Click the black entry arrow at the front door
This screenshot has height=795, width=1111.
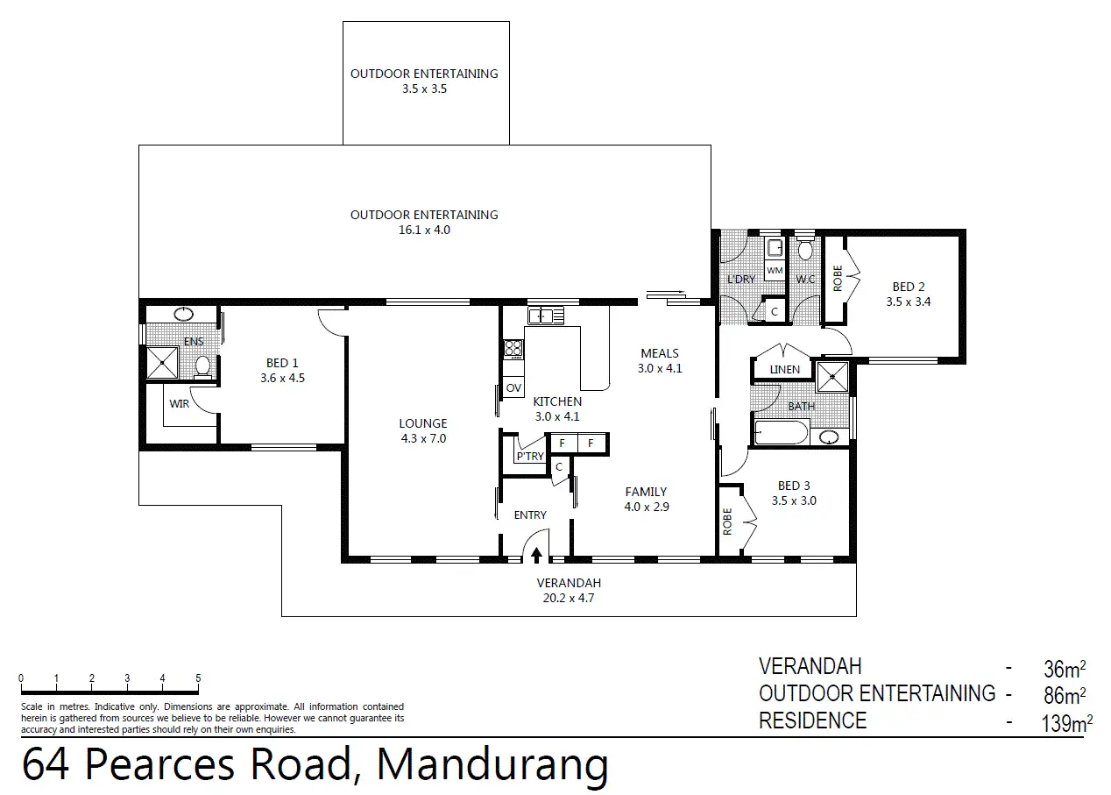536,556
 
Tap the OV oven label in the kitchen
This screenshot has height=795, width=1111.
513,388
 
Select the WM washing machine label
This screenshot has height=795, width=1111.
775,271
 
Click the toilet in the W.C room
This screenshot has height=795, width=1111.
805,248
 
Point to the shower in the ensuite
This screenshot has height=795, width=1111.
162,363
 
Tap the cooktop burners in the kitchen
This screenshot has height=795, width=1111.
513,348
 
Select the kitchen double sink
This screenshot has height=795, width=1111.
546,316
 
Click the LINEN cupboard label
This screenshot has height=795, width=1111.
785,370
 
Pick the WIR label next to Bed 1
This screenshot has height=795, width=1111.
179,404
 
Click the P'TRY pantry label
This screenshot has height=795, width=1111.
530,456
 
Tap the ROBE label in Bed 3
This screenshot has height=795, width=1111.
727,522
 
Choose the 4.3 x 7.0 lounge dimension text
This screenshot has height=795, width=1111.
423,438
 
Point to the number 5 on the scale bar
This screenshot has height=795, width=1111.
198,678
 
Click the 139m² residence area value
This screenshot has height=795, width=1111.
1067,723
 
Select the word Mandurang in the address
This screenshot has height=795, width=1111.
492,764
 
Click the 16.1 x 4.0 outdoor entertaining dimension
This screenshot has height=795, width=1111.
425,231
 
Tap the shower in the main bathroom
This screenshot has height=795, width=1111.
832,378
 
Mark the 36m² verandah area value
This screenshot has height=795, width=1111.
1065,669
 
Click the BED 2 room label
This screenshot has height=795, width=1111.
909,287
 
